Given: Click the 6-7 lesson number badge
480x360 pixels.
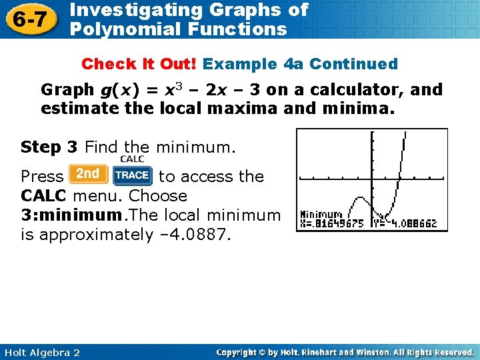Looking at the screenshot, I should [x=31, y=19].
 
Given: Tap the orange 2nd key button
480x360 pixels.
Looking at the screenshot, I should [x=87, y=175].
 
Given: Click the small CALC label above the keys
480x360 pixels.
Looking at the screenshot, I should [x=132, y=159].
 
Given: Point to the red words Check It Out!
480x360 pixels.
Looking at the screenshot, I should [x=139, y=64].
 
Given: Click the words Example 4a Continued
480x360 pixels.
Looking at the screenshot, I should [x=300, y=64].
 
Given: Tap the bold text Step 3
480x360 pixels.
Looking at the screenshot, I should [x=49, y=146].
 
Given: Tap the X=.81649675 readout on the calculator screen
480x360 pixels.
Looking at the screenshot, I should [x=332, y=224].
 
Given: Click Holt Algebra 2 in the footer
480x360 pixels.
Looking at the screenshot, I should [x=41, y=352].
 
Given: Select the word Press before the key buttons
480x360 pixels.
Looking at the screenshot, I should [x=42, y=177].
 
